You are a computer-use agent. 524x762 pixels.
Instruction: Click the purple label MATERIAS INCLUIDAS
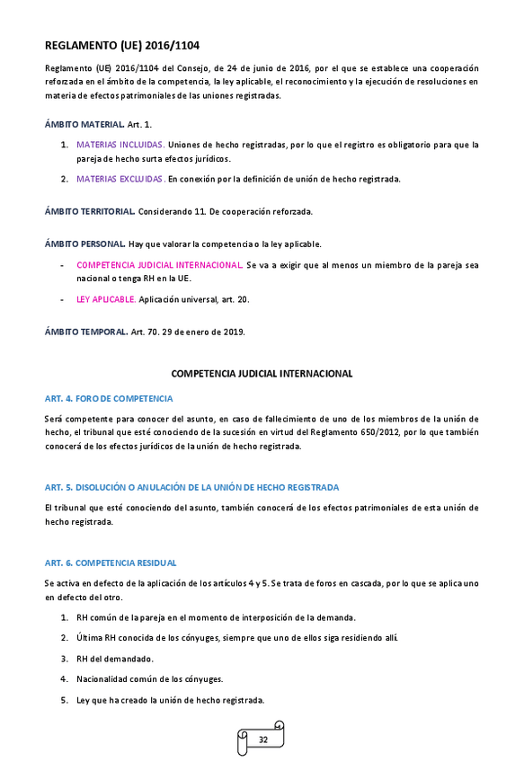tap(120, 145)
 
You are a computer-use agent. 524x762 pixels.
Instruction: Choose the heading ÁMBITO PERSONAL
tap(85, 244)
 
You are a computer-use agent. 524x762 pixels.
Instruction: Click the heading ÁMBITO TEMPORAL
tap(86, 332)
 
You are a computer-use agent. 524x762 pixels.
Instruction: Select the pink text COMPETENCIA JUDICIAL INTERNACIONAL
tap(159, 265)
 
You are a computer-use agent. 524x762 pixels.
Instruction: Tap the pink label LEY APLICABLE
tap(106, 299)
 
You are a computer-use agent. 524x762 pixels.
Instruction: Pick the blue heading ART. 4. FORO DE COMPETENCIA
tap(109, 398)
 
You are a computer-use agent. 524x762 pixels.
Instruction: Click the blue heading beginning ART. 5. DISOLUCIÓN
tap(191, 487)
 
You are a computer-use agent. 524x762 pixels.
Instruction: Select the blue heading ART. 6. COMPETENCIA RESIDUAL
tap(111, 563)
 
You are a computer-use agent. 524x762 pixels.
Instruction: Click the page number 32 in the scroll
tap(263, 740)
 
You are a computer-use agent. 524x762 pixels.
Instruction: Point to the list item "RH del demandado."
tap(115, 658)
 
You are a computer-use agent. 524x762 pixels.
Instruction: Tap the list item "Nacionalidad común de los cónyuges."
tap(149, 679)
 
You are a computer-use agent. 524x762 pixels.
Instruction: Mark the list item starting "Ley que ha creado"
tap(170, 700)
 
